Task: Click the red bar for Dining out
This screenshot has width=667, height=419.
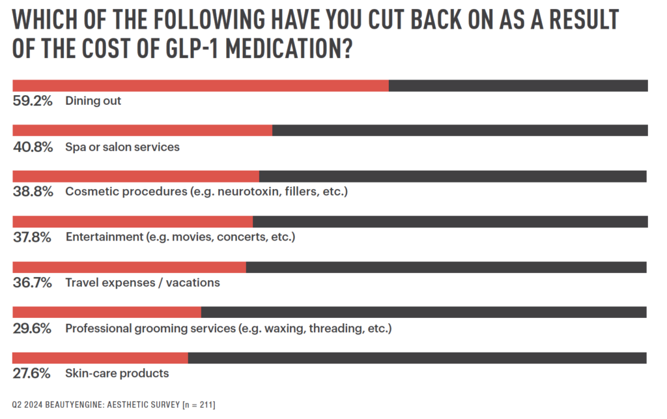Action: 201,85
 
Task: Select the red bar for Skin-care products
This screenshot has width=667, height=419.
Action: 100,358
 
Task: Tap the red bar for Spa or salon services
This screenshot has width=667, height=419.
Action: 142,130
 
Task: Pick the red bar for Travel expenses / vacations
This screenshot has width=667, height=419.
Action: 129,267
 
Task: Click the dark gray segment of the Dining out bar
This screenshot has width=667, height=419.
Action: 518,85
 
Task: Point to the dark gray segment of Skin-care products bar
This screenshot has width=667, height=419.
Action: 417,358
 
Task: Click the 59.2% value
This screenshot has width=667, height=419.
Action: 33,102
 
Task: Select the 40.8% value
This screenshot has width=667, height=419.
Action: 33,147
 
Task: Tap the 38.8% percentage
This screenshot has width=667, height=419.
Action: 33,192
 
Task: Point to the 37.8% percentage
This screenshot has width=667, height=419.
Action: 33,237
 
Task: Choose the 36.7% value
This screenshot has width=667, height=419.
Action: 33,283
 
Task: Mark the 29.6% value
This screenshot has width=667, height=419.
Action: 33,328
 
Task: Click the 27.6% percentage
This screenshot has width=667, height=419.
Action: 33,373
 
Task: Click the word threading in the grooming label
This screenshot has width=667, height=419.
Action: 333,328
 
